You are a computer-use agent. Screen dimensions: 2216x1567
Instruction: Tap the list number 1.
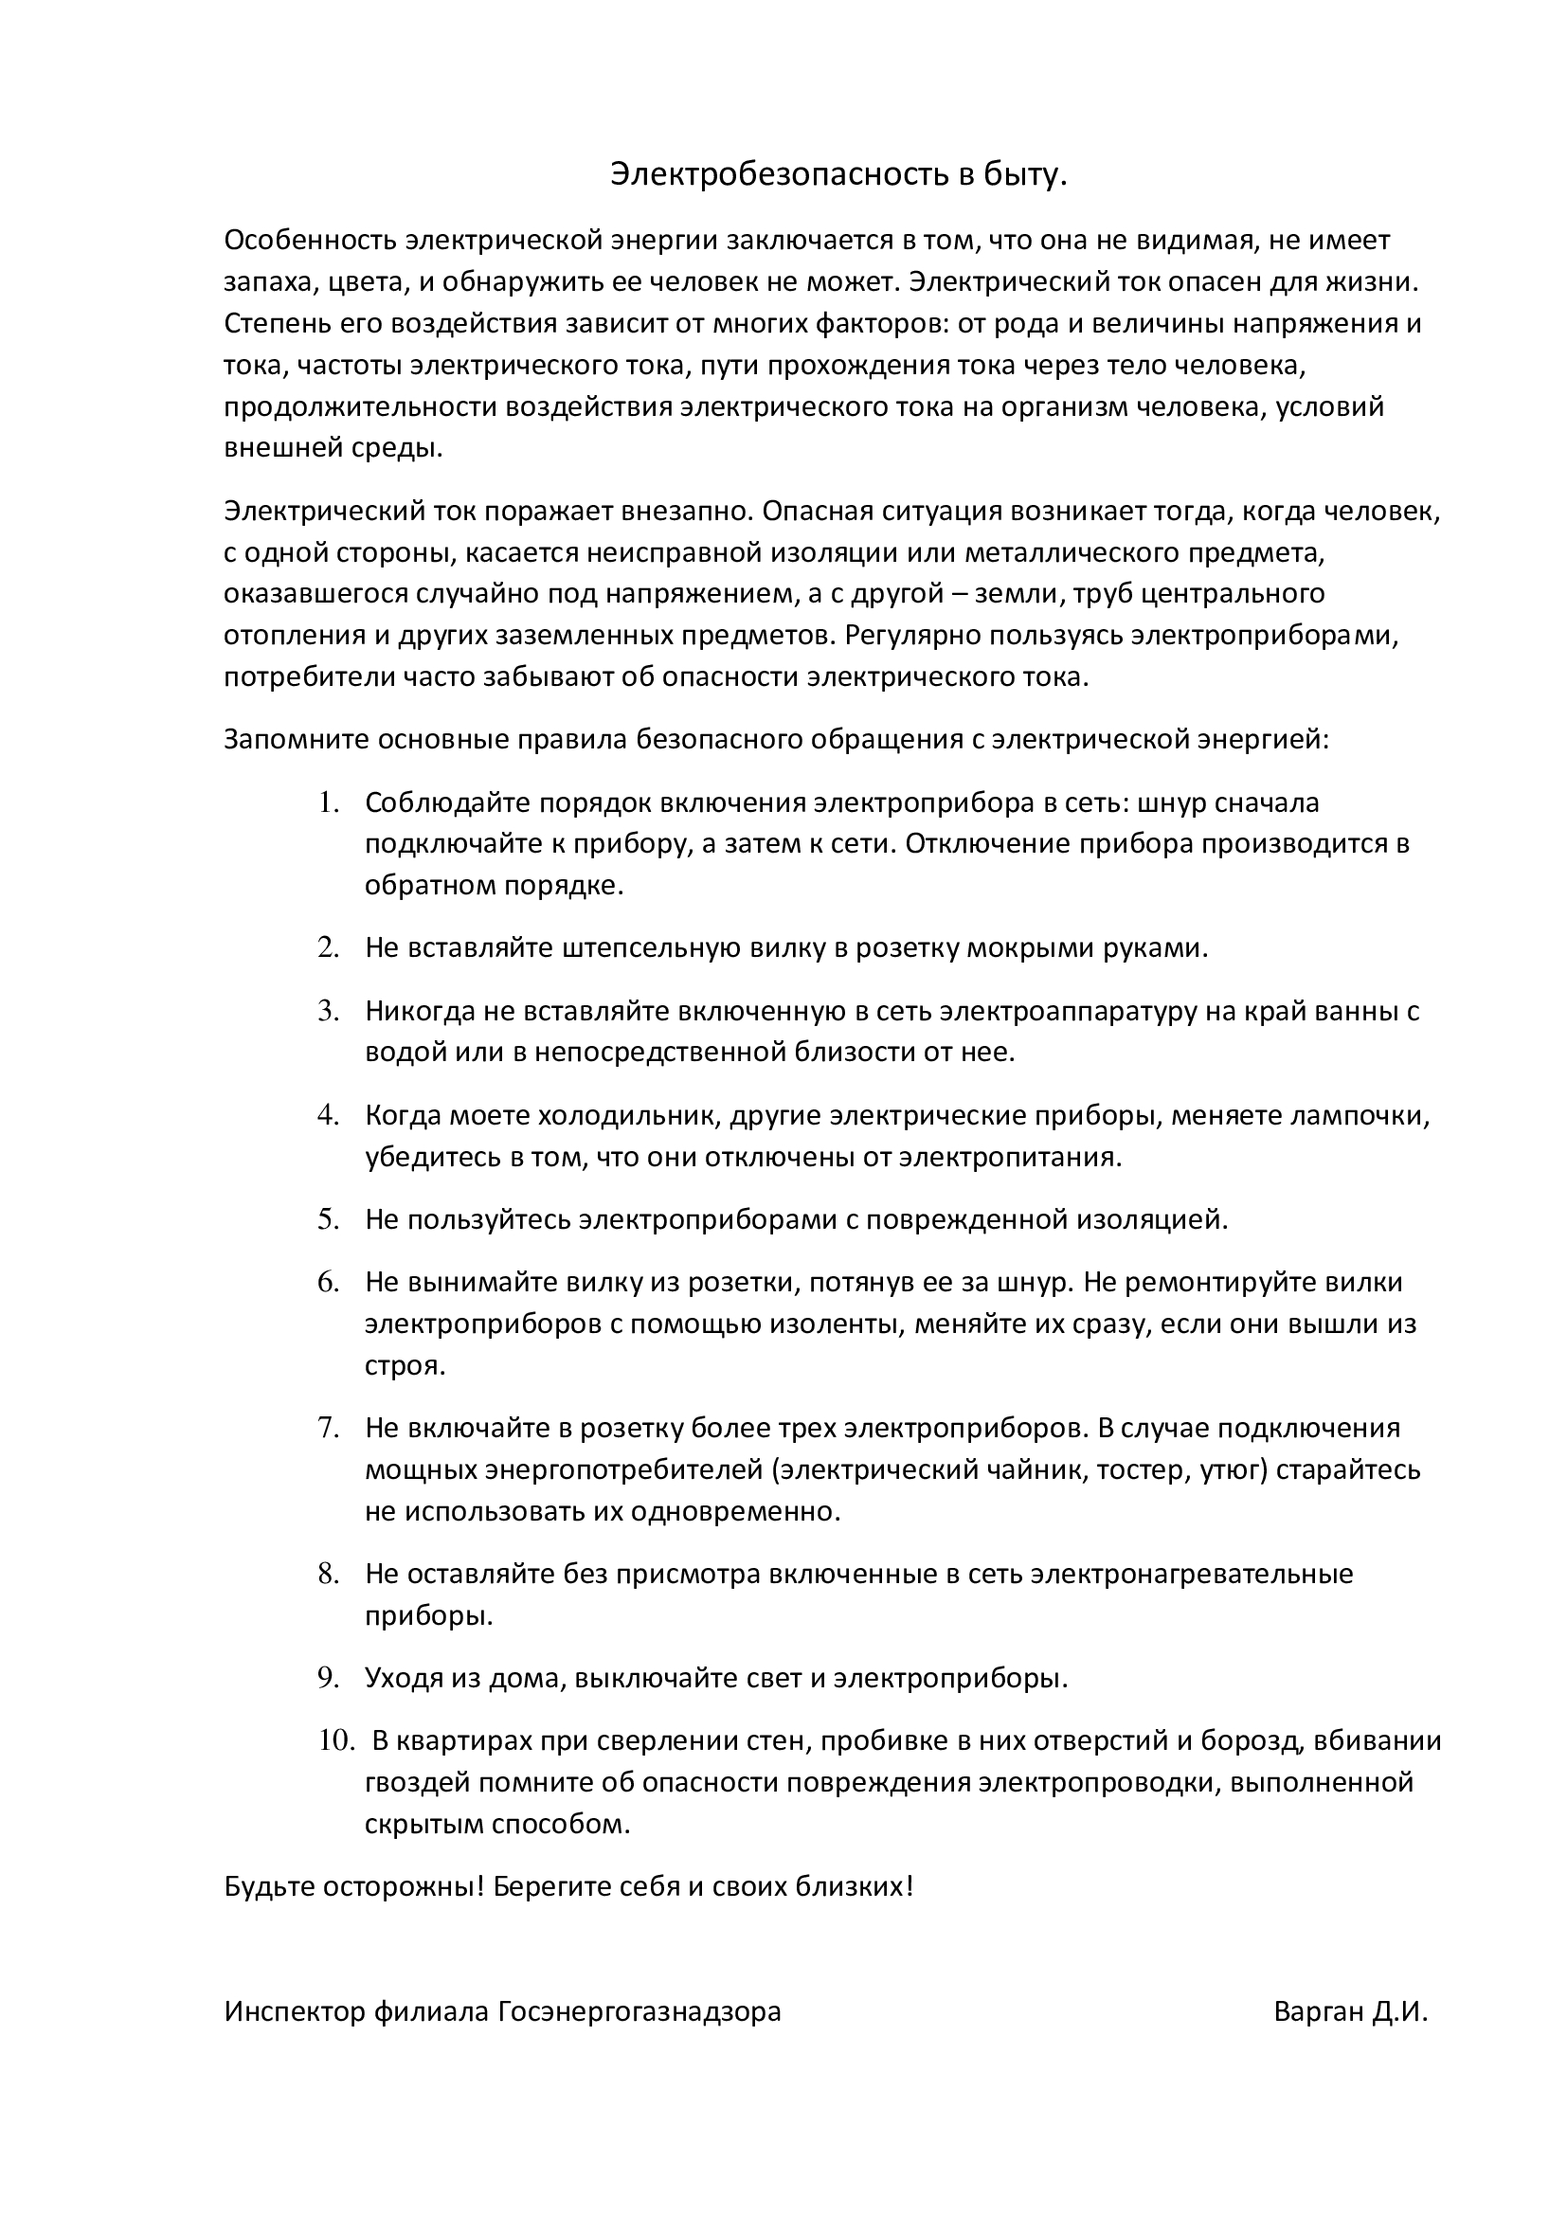click(328, 802)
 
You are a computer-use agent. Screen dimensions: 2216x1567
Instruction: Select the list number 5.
click(328, 1219)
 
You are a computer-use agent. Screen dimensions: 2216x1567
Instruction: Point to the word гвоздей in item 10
click(415, 1782)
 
